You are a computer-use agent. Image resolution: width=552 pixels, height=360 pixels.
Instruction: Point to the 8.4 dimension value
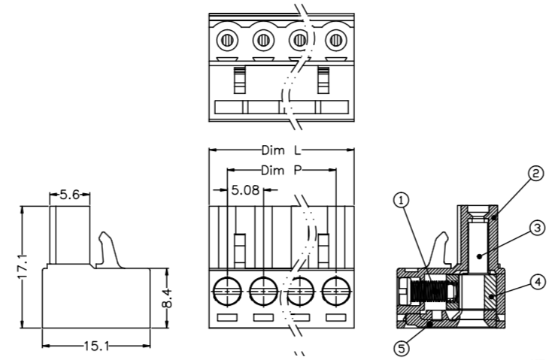pos(168,298)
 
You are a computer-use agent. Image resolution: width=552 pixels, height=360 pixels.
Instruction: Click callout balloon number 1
pos(402,201)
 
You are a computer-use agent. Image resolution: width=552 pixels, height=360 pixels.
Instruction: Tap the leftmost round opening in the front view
pos(227,289)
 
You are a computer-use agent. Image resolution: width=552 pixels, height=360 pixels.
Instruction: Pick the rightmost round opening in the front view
pos(335,289)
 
